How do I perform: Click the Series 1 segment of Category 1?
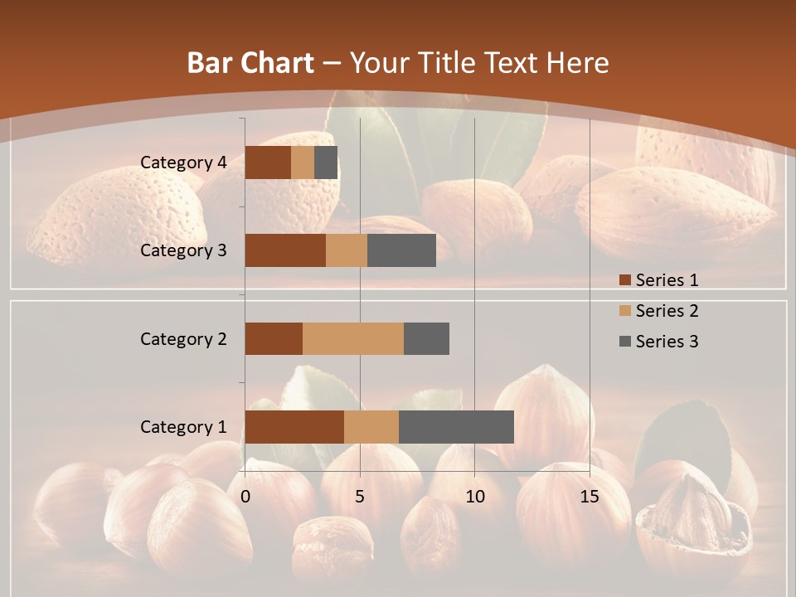point(294,427)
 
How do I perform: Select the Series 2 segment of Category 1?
point(371,427)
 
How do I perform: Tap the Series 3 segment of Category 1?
point(456,427)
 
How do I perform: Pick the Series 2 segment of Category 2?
point(353,338)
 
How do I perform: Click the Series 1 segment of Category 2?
point(274,338)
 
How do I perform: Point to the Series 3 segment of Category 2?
point(426,338)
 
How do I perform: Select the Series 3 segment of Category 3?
point(401,250)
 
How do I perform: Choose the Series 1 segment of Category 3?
point(285,250)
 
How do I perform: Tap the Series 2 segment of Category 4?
point(303,163)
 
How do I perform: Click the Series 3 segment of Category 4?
point(326,163)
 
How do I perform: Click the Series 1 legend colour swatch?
point(624,280)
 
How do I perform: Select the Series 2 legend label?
point(667,311)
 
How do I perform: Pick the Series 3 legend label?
point(667,342)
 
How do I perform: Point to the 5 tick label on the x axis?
point(360,497)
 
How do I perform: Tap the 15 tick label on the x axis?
point(590,497)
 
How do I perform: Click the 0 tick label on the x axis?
point(245,497)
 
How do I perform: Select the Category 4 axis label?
point(183,163)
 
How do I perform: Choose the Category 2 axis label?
point(183,338)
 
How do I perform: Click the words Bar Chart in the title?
point(250,63)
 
